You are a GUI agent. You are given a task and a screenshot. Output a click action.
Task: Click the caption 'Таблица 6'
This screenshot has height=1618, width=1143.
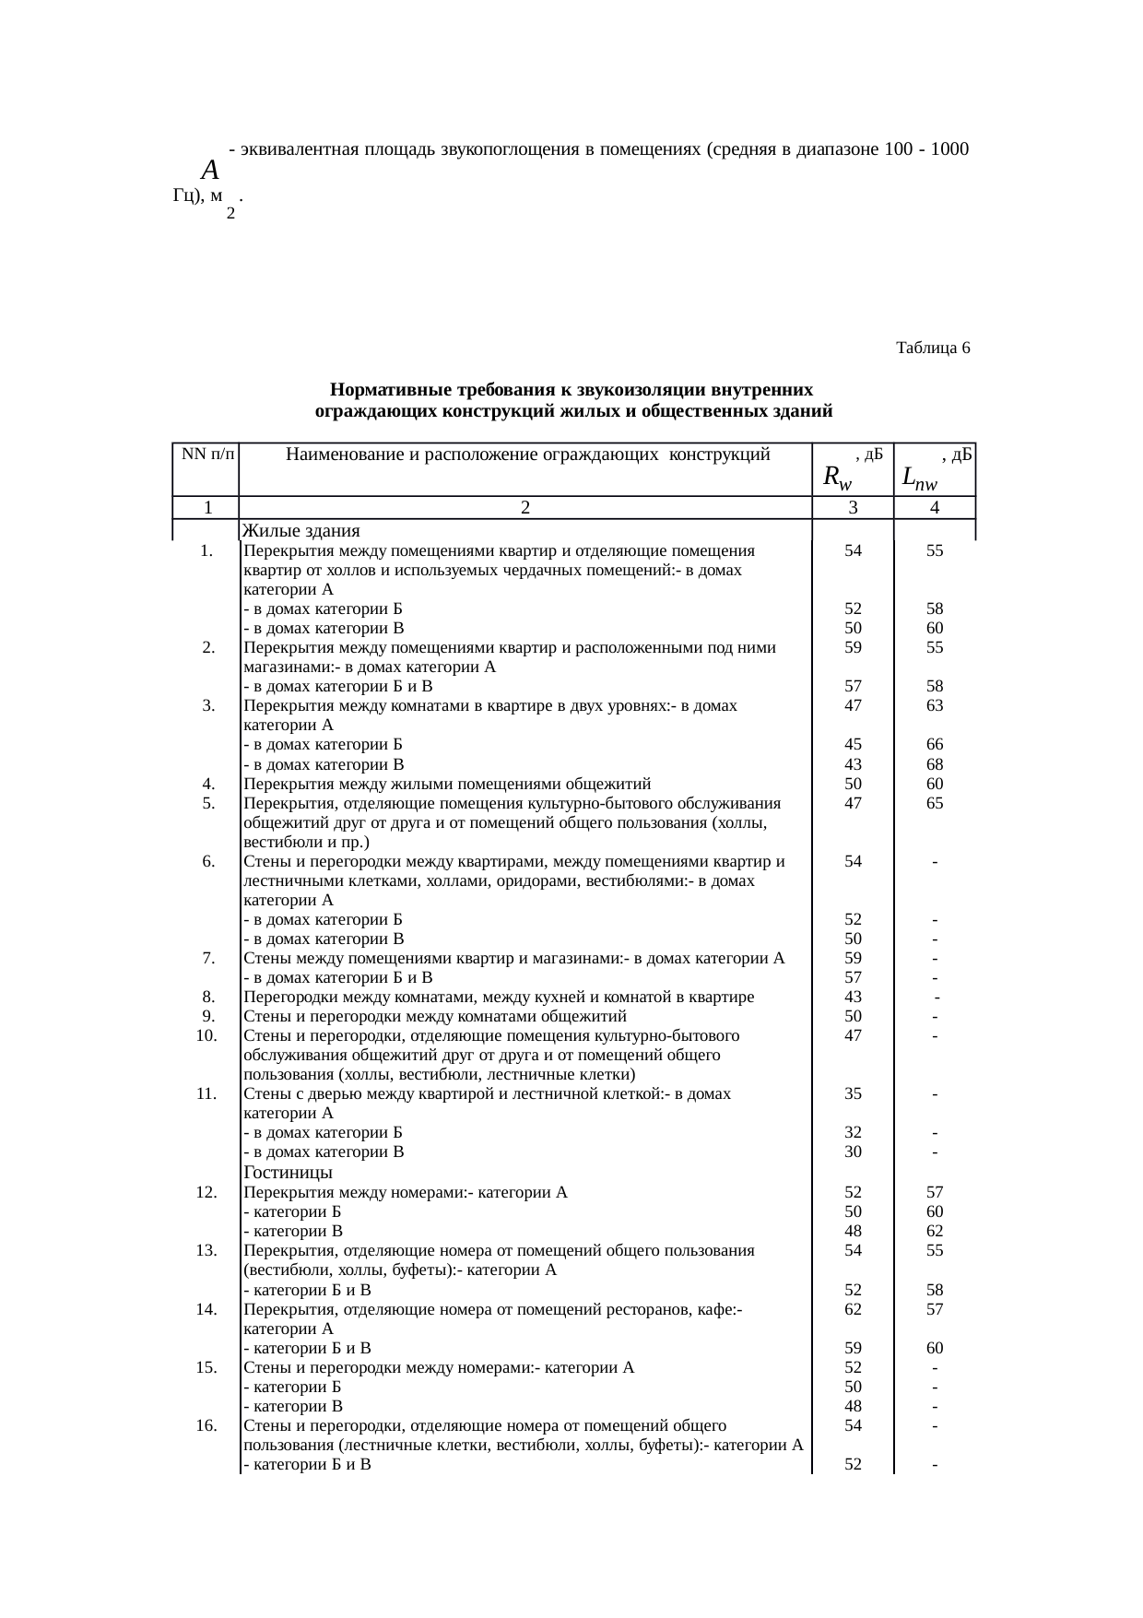pyautogui.click(x=932, y=348)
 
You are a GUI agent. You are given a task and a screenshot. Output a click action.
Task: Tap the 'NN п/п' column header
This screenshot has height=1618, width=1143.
pyautogui.click(x=206, y=454)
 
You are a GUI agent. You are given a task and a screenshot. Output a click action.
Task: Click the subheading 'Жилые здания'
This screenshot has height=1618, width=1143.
pyautogui.click(x=300, y=531)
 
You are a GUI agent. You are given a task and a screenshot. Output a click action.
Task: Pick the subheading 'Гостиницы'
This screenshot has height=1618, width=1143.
pyautogui.click(x=288, y=1173)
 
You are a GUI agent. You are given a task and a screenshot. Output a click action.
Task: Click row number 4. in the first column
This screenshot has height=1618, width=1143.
pyautogui.click(x=208, y=784)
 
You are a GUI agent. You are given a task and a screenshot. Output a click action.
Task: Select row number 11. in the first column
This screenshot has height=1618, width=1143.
pyautogui.click(x=206, y=1094)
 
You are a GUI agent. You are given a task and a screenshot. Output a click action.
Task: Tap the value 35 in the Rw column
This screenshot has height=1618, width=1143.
pyautogui.click(x=853, y=1094)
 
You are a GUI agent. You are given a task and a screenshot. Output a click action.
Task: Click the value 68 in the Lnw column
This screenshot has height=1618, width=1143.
pyautogui.click(x=935, y=764)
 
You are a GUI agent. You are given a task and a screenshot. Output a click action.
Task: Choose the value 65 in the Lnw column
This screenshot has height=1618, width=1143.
pyautogui.click(x=935, y=803)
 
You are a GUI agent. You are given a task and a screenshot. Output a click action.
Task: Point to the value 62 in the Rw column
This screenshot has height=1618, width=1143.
pyautogui.click(x=853, y=1308)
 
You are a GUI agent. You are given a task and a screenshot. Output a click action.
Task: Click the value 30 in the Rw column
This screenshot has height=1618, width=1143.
pyautogui.click(x=853, y=1152)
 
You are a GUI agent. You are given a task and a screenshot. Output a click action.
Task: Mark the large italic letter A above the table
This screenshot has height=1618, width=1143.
pyautogui.click(x=210, y=171)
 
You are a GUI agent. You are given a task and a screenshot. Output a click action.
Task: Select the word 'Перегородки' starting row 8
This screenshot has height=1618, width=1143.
pyautogui.click(x=287, y=997)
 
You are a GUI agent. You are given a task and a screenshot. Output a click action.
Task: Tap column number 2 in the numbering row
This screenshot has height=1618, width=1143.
pyautogui.click(x=524, y=507)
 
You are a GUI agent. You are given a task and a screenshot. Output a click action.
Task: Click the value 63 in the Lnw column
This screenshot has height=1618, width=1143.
pyautogui.click(x=935, y=705)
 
